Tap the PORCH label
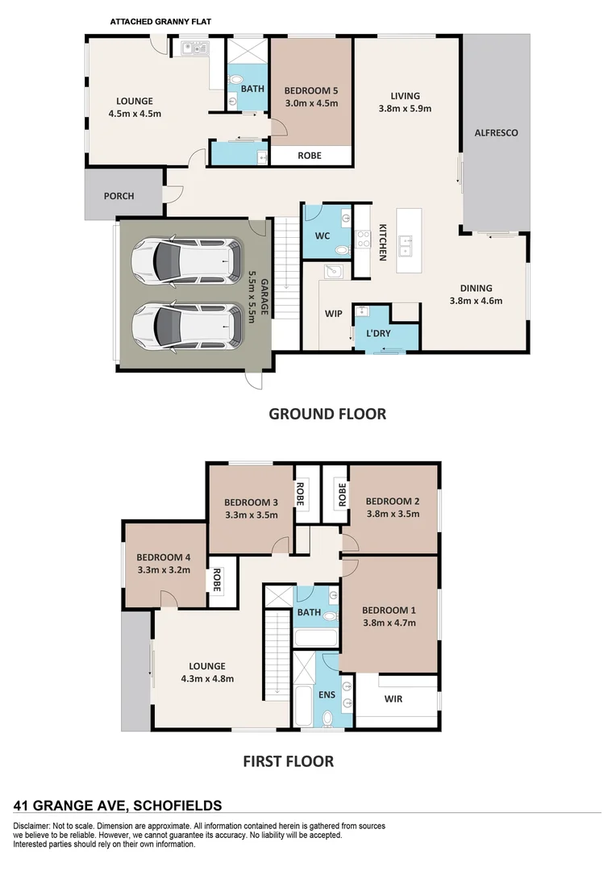[x=119, y=196]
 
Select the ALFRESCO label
[x=496, y=132]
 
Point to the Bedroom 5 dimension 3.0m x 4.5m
[x=310, y=103]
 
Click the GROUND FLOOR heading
[x=327, y=414]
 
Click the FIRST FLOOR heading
[x=288, y=761]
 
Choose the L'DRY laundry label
[x=379, y=334]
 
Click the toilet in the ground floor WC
[x=341, y=252]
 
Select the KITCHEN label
[x=383, y=242]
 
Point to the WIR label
[x=393, y=698]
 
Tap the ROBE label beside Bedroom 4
[x=216, y=581]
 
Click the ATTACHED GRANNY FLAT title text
[x=160, y=22]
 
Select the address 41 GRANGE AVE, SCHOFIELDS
[x=118, y=804]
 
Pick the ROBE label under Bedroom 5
[x=310, y=156]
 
